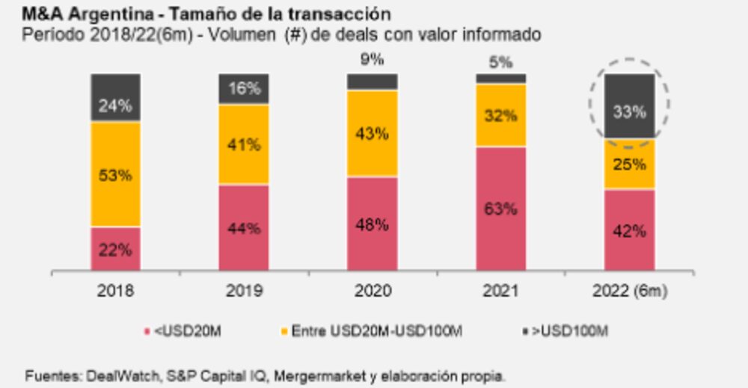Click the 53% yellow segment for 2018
tap(115, 175)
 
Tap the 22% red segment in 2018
tap(115, 249)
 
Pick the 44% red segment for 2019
tap(244, 228)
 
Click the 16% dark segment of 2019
tap(244, 89)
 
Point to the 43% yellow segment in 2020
tap(373, 134)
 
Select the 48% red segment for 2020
tap(373, 224)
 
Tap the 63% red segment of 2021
tap(501, 209)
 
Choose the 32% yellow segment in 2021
tap(501, 115)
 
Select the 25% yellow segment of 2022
tap(629, 164)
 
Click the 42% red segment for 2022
tap(629, 230)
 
